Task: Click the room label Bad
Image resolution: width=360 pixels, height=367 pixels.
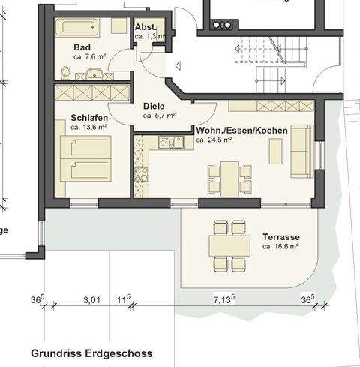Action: [82, 47]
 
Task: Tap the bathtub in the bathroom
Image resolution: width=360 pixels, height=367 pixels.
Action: [77, 27]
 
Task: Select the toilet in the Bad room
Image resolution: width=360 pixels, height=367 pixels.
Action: [66, 73]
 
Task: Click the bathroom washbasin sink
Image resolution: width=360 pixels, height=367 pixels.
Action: [94, 74]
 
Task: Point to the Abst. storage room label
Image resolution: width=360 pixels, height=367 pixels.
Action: [146, 27]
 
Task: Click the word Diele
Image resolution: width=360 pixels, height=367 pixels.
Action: [154, 106]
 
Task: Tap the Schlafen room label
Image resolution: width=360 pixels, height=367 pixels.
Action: [89, 118]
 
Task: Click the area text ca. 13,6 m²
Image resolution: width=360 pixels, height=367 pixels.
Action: [88, 127]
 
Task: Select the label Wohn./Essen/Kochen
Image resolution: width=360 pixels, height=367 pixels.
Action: [242, 131]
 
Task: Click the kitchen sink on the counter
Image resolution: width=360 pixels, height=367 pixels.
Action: [171, 143]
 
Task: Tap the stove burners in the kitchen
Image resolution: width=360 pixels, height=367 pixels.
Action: [141, 174]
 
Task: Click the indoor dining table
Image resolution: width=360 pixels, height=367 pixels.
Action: [229, 179]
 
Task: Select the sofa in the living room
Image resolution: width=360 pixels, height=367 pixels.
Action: [302, 152]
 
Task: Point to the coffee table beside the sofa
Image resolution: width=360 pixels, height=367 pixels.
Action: [275, 152]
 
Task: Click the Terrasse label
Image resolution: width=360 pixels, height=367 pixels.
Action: [281, 237]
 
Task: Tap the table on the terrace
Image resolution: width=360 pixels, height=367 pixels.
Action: [229, 245]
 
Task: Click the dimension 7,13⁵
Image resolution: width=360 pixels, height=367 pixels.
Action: [224, 299]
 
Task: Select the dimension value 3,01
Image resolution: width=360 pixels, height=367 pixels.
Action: [91, 300]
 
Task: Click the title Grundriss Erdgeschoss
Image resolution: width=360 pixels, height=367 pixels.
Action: [91, 353]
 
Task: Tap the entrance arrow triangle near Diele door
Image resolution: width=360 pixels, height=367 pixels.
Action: [178, 66]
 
